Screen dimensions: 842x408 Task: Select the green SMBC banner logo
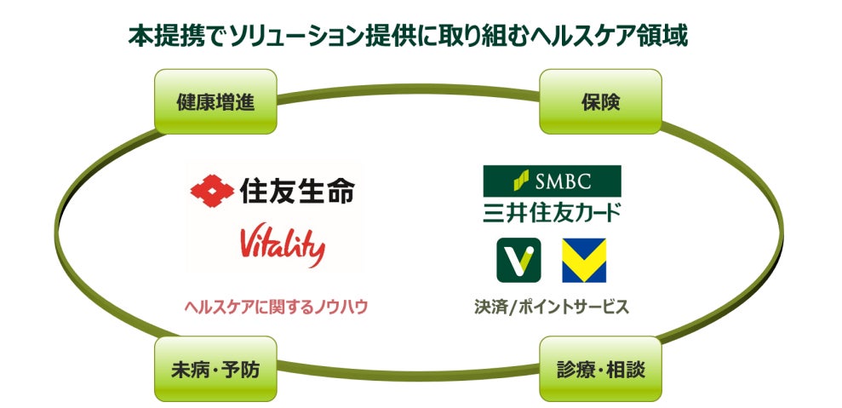pos(552,181)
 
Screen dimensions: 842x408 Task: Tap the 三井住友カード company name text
pos(552,212)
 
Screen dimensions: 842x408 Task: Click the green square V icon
pos(518,260)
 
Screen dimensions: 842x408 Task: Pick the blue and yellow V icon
pos(583,260)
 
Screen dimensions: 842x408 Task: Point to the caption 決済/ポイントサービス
pos(552,307)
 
